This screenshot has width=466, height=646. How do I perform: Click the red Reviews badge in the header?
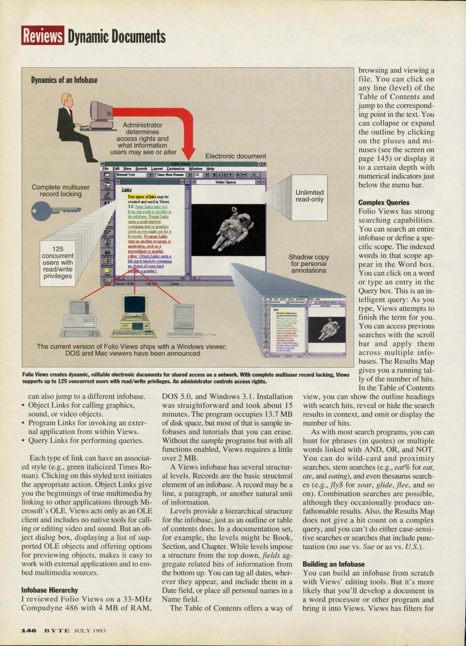click(43, 36)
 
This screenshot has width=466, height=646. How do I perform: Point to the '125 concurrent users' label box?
click(58, 263)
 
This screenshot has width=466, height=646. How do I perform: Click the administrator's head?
click(67, 100)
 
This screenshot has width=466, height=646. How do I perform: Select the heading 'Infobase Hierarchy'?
click(50, 590)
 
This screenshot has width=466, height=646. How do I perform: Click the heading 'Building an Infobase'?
click(334, 564)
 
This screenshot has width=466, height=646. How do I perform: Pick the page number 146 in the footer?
click(29, 631)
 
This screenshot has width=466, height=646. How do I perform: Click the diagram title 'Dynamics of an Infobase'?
click(64, 80)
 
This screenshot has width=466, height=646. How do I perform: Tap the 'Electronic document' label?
click(235, 156)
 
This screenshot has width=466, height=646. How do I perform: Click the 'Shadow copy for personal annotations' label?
click(309, 264)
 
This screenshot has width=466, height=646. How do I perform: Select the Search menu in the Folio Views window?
click(141, 169)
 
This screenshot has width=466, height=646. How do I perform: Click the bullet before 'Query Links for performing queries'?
click(23, 441)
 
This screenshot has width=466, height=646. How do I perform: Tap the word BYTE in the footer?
click(57, 631)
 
